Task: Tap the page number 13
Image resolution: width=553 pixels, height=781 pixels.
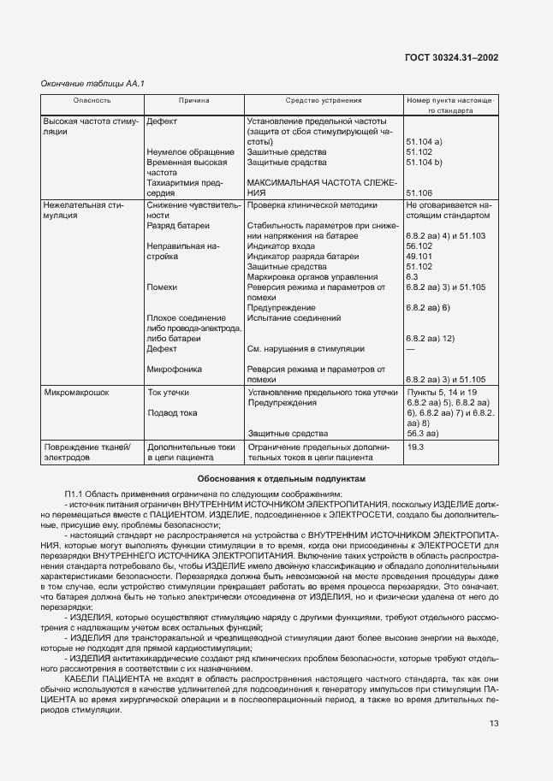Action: pos(493,723)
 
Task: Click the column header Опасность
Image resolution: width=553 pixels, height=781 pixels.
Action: pos(92,100)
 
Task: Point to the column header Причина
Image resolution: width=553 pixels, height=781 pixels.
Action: pos(193,100)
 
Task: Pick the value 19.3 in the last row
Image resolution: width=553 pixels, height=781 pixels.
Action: pos(415,447)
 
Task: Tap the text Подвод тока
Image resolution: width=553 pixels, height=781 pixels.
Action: pos(172,413)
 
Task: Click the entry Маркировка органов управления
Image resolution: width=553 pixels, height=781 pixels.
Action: pos(312,276)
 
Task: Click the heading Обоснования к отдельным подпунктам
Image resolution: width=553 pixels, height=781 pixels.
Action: pos(282,479)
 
